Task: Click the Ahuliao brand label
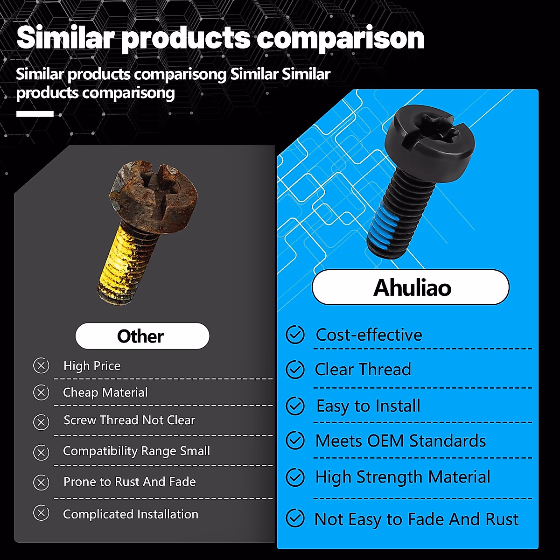[411, 287]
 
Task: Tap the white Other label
[142, 336]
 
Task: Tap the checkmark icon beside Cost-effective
[295, 335]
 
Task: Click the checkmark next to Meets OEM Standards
[295, 441]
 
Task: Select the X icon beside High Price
[41, 365]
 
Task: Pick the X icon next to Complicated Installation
[41, 513]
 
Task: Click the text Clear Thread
[363, 370]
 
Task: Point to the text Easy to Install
[368, 406]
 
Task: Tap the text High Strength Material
[403, 477]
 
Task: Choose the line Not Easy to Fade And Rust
[416, 519]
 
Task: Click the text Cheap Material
[105, 392]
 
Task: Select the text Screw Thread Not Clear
[129, 420]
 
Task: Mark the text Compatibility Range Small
[136, 451]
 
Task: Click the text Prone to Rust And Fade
[129, 482]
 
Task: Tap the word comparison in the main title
[340, 38]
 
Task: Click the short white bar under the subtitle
[35, 114]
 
